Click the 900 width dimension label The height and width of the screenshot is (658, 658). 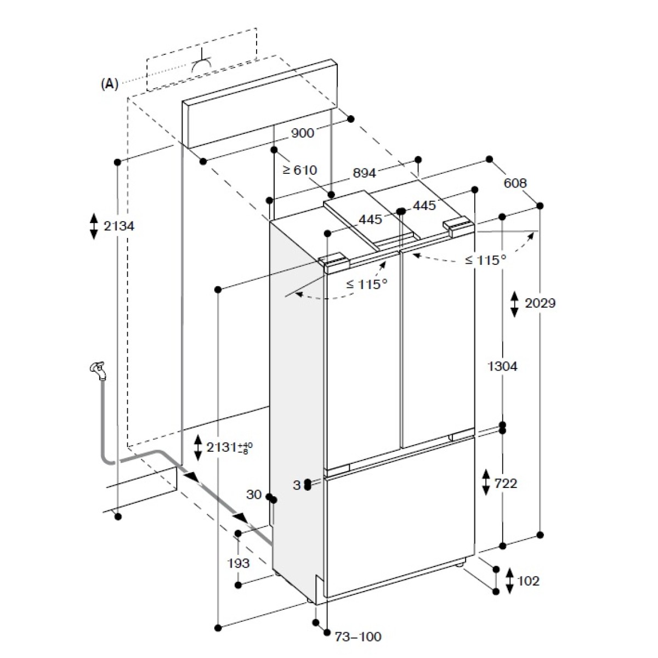click(303, 133)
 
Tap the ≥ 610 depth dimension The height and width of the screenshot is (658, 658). click(300, 169)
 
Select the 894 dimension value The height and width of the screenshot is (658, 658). click(364, 173)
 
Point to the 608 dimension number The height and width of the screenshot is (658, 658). click(515, 183)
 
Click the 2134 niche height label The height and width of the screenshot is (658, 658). click(119, 226)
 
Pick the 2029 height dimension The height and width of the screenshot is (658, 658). click(540, 303)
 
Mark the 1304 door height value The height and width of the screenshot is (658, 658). click(502, 366)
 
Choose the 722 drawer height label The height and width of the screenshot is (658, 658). click(506, 483)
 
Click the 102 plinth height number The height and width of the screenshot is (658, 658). click(529, 581)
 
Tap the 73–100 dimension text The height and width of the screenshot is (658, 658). click(358, 637)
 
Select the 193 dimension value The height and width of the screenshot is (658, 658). click(239, 563)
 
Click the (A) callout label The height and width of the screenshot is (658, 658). click(110, 84)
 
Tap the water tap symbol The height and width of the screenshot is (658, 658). click(98, 371)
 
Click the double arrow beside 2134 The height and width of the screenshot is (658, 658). click(94, 226)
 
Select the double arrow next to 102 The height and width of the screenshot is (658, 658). click(509, 581)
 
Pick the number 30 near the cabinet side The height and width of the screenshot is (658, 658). click(254, 494)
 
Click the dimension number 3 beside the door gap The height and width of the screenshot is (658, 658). click(297, 485)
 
